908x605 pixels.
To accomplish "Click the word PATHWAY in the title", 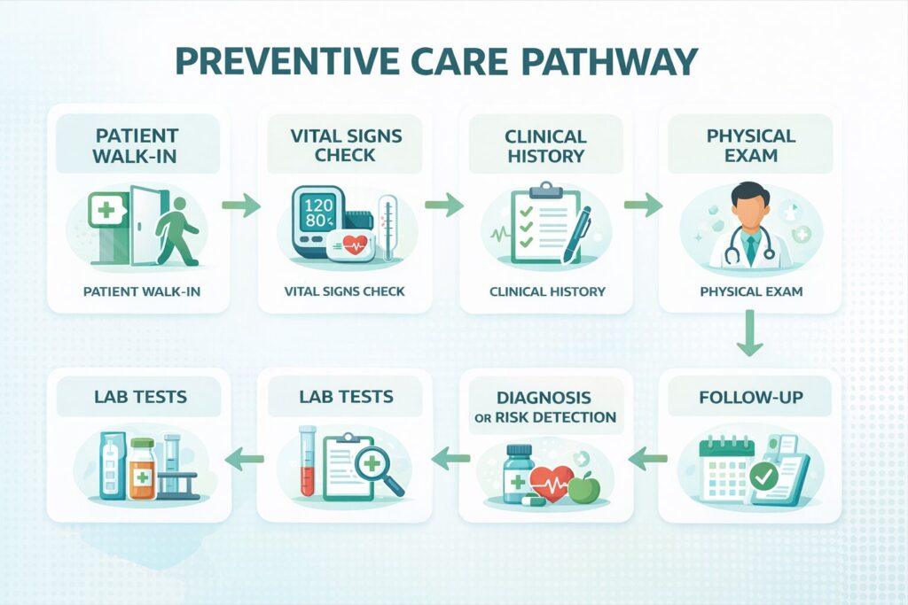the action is click(610, 61).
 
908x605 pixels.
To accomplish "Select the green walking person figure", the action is click(177, 231).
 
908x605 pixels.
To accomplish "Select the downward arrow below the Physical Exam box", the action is click(750, 332).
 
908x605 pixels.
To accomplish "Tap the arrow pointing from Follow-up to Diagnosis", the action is click(647, 459).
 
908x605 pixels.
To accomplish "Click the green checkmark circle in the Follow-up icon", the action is click(764, 477).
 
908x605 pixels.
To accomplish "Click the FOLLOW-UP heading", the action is click(751, 398).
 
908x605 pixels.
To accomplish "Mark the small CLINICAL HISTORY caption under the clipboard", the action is click(547, 291).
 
